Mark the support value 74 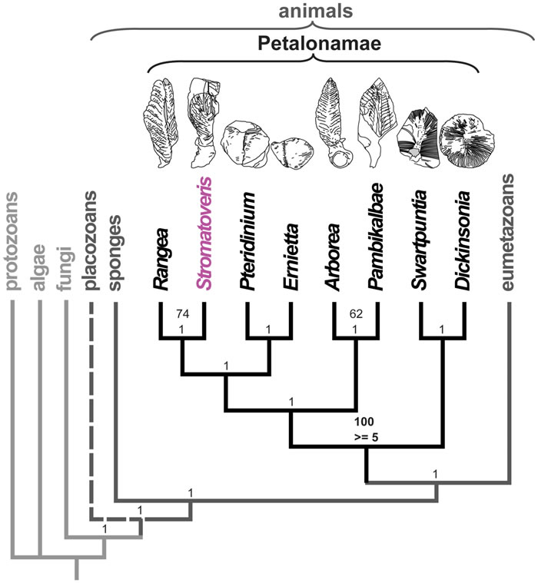point(182,314)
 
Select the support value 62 point(354,314)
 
